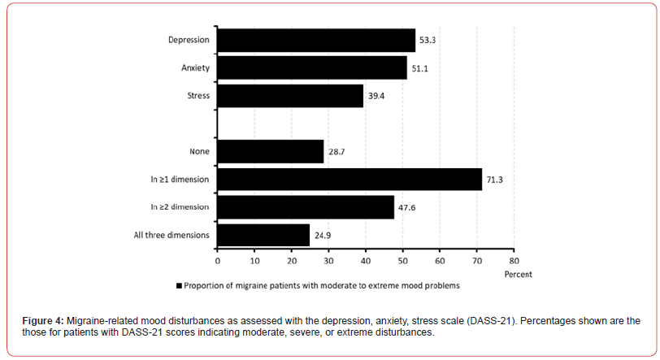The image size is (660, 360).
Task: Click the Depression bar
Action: click(x=316, y=40)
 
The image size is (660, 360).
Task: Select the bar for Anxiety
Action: click(x=312, y=68)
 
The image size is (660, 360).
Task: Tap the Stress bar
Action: click(x=290, y=96)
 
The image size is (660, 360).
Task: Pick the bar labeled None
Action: click(x=271, y=151)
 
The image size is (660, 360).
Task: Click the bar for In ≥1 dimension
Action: click(x=350, y=180)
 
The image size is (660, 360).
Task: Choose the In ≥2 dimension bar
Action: click(x=306, y=207)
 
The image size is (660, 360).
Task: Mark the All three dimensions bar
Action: click(x=263, y=236)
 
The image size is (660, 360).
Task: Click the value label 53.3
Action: click(x=428, y=40)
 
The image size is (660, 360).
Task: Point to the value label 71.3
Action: click(x=495, y=180)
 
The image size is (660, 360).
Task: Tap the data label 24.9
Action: click(x=323, y=236)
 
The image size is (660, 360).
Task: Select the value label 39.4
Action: click(x=376, y=96)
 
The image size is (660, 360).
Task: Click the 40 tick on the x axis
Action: click(x=366, y=261)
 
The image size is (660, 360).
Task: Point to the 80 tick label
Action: click(x=514, y=261)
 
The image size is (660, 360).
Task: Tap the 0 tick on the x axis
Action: click(x=218, y=261)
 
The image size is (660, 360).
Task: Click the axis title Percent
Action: click(x=518, y=274)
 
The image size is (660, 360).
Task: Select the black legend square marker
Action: click(x=179, y=286)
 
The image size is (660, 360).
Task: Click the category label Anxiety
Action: click(x=195, y=68)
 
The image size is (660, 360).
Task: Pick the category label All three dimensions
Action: click(x=172, y=236)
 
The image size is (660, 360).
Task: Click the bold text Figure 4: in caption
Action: click(x=43, y=323)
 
